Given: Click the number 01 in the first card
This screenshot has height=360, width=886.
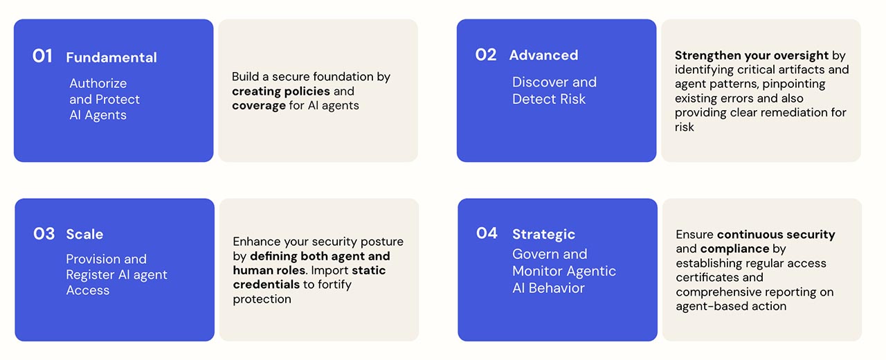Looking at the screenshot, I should [x=42, y=56].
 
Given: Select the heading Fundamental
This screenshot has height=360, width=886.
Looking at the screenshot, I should [x=111, y=57].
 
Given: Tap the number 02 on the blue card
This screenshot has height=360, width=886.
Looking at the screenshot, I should [x=485, y=55].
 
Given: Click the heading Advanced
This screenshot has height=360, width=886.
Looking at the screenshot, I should [x=543, y=55].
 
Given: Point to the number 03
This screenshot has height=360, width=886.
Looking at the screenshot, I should [x=44, y=234].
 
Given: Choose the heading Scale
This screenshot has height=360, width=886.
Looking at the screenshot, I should [x=84, y=234].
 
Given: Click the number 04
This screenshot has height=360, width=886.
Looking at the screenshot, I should [x=487, y=233].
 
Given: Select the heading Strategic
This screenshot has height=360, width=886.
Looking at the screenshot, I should [x=543, y=235].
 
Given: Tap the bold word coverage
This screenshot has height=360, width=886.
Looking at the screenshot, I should [x=259, y=106].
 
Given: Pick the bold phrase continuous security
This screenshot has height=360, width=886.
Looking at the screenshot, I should [x=776, y=235].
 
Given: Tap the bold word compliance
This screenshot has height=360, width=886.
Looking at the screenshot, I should [x=734, y=249].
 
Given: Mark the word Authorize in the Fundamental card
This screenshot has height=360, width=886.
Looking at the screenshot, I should [x=98, y=84].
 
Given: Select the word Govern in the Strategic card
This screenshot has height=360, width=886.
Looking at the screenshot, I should [x=535, y=254].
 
